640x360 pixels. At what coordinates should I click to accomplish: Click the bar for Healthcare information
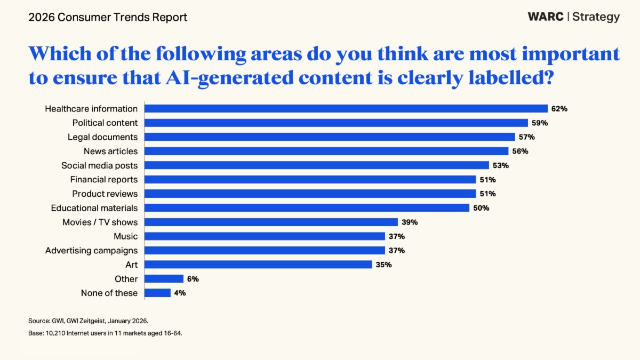pyautogui.click(x=346, y=109)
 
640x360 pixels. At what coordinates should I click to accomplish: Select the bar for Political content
pyautogui.click(x=336, y=123)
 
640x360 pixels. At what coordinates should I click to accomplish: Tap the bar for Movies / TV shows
pyautogui.click(x=271, y=222)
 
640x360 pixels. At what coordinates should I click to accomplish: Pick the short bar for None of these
pyautogui.click(x=157, y=293)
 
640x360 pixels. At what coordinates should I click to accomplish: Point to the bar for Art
pyautogui.click(x=258, y=265)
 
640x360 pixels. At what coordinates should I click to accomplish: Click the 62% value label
pyautogui.click(x=559, y=109)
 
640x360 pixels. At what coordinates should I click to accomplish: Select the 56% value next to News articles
pyautogui.click(x=520, y=151)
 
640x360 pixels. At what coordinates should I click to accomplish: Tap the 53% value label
pyautogui.click(x=501, y=165)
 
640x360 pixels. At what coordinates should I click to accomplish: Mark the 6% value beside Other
pyautogui.click(x=193, y=278)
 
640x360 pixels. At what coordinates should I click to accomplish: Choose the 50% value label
pyautogui.click(x=481, y=208)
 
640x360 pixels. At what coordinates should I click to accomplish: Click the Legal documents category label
pyautogui.click(x=102, y=137)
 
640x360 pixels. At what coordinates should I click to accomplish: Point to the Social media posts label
pyautogui.click(x=99, y=165)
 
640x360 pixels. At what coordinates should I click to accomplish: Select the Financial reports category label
pyautogui.click(x=103, y=179)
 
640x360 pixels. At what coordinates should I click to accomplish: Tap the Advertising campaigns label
pyautogui.click(x=91, y=250)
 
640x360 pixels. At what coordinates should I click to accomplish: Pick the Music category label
pyautogui.click(x=125, y=236)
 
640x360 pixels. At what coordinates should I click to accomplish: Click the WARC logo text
pyautogui.click(x=546, y=17)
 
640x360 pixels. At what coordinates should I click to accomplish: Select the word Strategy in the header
pyautogui.click(x=596, y=17)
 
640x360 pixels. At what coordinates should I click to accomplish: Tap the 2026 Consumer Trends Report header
pyautogui.click(x=108, y=17)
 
